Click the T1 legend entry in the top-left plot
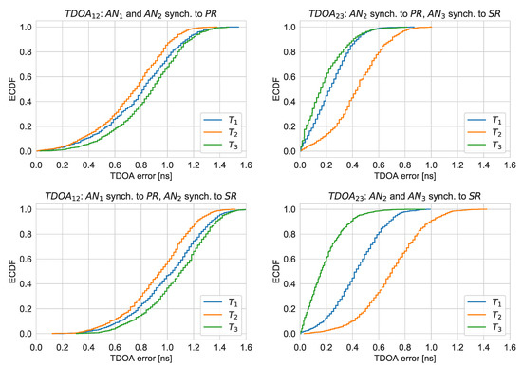coord(221,120)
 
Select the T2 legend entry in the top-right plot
coord(485,132)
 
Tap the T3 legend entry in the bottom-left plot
coord(221,327)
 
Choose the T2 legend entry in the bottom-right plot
coord(485,315)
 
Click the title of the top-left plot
coord(140,14)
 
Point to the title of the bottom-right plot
coord(405,197)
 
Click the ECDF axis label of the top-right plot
coord(276,88)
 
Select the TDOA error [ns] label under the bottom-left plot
coord(140,359)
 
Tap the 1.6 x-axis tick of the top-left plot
coord(246,165)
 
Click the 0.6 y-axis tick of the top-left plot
coord(26,77)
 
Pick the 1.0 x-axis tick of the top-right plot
coord(431,165)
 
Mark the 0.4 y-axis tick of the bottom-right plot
coord(289,284)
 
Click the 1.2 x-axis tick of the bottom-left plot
coord(194,347)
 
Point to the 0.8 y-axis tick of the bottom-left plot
coord(26,234)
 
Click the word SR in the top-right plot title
coord(494,13)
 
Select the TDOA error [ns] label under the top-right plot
coord(405,176)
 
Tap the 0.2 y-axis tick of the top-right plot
coord(289,126)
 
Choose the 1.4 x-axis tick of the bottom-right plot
coord(483,347)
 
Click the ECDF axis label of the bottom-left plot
coord(12,271)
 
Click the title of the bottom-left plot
coord(140,197)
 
